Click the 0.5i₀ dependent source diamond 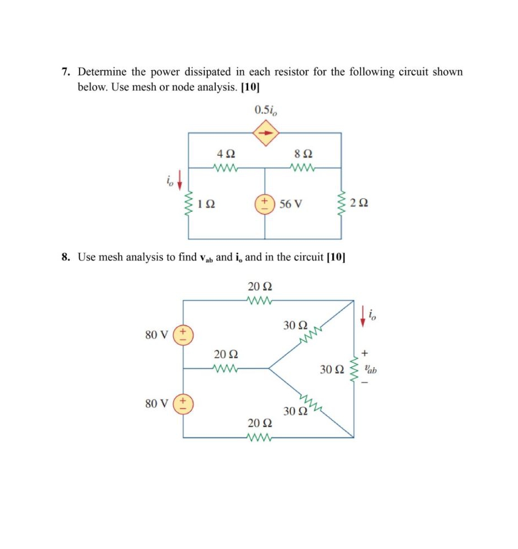coord(266,133)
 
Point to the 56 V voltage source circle coord(264,203)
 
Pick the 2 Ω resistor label coord(359,203)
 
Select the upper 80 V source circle coord(183,334)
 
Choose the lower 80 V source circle coord(183,404)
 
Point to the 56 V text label coord(291,203)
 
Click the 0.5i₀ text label coord(266,109)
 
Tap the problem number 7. coord(65,72)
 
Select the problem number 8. coord(65,257)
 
